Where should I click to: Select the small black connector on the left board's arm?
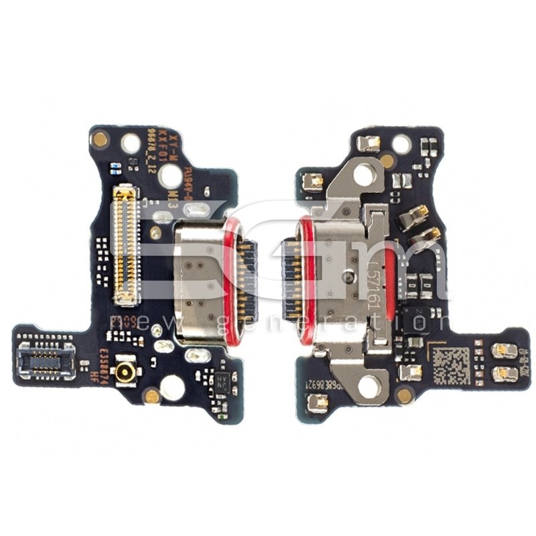(46, 361)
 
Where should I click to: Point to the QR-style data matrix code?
(450, 364)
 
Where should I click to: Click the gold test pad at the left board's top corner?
(100, 140)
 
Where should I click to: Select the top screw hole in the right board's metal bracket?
(364, 174)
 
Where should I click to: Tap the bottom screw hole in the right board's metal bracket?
(368, 386)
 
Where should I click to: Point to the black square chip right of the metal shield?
(415, 321)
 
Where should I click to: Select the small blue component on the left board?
(115, 167)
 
